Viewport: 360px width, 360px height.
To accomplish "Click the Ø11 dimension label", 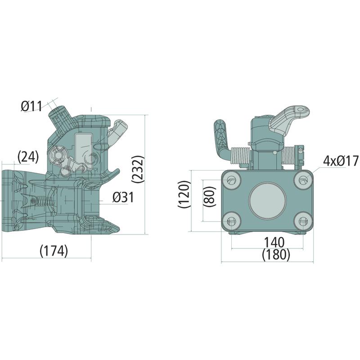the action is point(31,107).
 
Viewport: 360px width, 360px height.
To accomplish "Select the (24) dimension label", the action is point(28,157).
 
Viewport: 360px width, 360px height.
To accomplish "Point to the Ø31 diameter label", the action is point(123,198).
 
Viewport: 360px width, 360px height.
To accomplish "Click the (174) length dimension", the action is point(54,251).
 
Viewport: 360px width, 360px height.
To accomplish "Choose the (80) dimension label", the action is point(209,197).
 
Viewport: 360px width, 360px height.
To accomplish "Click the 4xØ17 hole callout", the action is point(341,161).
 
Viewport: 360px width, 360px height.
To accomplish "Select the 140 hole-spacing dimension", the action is point(274,242).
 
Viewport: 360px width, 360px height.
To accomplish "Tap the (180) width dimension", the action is point(276,254).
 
